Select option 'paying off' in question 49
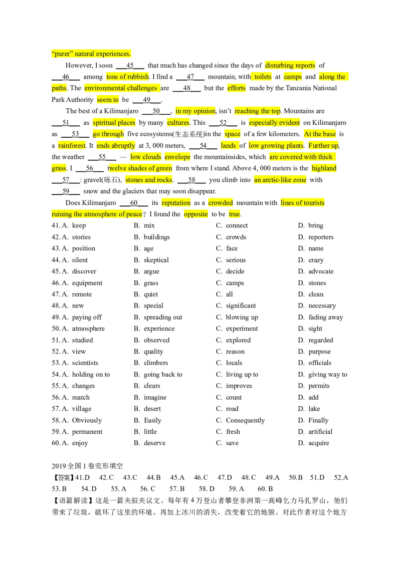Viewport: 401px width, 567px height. click(x=87, y=317)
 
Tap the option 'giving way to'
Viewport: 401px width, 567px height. click(x=327, y=375)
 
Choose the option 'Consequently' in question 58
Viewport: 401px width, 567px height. click(x=246, y=420)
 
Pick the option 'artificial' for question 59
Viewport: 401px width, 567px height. click(x=320, y=431)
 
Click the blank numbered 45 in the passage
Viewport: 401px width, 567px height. click(x=130, y=66)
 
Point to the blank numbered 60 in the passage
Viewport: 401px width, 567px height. click(x=134, y=203)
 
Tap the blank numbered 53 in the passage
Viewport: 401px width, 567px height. click(x=75, y=134)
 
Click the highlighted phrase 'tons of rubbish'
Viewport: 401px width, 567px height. click(x=128, y=77)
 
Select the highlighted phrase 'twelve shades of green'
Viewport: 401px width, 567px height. click(x=140, y=168)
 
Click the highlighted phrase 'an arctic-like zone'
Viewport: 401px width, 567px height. click(x=280, y=180)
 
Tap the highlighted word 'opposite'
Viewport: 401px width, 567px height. click(x=196, y=214)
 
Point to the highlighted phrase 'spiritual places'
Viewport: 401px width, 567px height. click(x=114, y=123)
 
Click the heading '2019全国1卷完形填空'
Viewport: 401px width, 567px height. click(x=87, y=466)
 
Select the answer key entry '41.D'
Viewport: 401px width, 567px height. click(x=83, y=477)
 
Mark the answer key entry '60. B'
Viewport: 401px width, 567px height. click(x=265, y=489)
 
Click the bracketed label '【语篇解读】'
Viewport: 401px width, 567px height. click(x=73, y=500)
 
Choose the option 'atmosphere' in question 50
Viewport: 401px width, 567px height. click(x=88, y=329)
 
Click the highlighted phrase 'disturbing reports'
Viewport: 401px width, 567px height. click(x=290, y=66)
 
